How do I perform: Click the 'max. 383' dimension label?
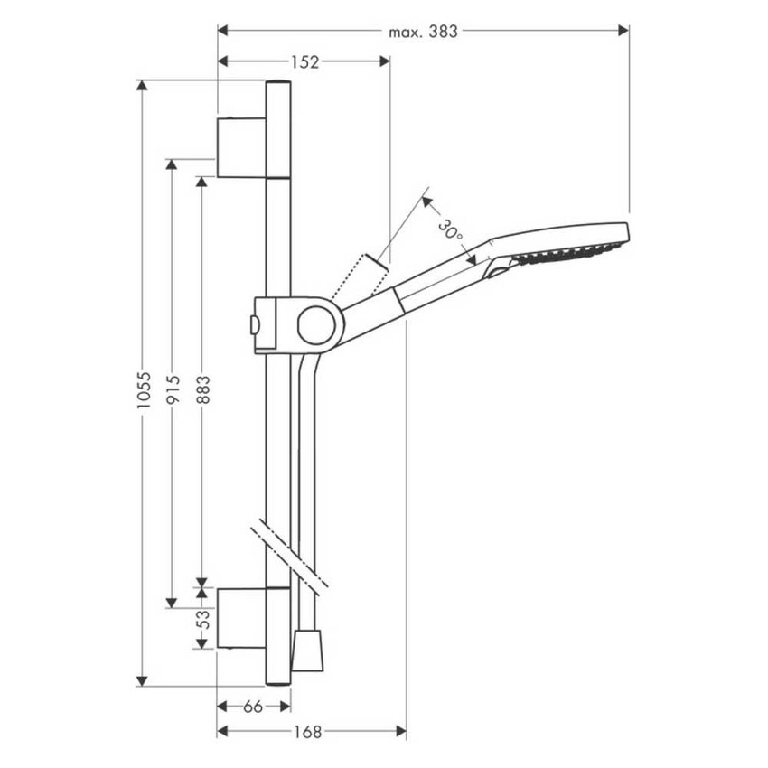[424, 32]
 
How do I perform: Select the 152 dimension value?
[304, 61]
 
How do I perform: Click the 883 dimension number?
[202, 390]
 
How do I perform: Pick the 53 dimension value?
[203, 619]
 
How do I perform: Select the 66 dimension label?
[253, 707]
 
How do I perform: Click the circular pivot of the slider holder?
[316, 324]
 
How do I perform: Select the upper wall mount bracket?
[241, 146]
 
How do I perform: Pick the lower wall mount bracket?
[241, 618]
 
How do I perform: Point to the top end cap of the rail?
[278, 84]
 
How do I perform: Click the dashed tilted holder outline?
[358, 277]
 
